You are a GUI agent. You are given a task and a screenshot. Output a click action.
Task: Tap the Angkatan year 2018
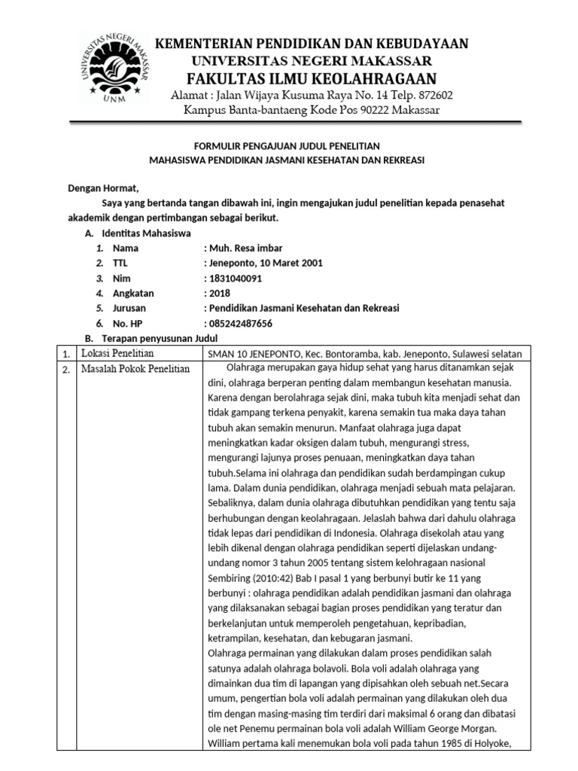click(220, 293)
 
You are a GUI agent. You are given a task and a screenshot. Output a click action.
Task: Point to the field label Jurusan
click(129, 308)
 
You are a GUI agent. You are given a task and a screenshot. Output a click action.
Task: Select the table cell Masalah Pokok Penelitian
click(135, 368)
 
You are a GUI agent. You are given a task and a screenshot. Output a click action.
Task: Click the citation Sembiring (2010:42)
click(252, 577)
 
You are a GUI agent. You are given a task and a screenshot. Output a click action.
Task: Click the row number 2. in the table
click(66, 369)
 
